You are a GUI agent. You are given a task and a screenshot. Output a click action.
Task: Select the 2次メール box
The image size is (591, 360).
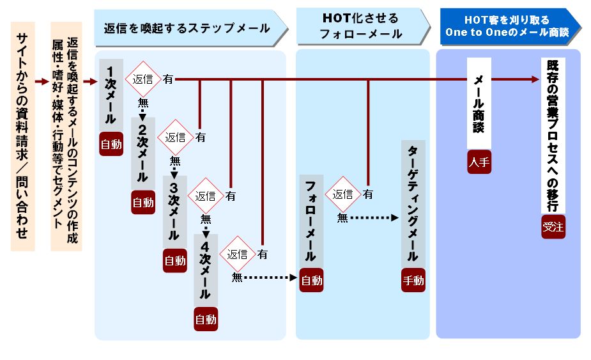pos(142,150)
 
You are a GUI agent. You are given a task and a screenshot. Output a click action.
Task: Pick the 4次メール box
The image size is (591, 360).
pos(205,269)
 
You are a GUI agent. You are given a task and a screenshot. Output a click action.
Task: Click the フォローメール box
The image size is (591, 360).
pos(311,221)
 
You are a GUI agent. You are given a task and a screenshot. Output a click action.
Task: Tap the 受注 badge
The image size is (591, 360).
pos(553,226)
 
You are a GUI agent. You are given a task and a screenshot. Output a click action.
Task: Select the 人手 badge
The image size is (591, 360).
pos(479,162)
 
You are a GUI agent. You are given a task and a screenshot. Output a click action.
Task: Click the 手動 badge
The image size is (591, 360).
pos(413,280)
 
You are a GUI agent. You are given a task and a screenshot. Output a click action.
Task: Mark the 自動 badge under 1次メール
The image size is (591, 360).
pos(111,144)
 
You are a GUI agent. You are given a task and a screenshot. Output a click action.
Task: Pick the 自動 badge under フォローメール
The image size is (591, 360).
pos(311,280)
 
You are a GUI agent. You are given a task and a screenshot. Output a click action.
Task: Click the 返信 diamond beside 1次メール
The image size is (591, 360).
pos(142,79)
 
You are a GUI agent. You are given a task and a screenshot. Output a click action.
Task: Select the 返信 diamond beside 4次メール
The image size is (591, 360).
pos(237,254)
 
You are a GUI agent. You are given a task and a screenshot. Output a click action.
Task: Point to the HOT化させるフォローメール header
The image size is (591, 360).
pos(363,27)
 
